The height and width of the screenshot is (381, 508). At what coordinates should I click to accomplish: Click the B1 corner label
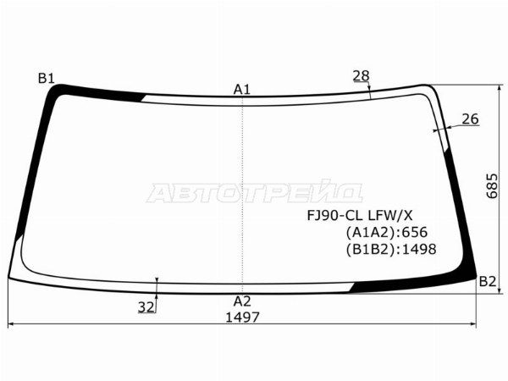point(47,79)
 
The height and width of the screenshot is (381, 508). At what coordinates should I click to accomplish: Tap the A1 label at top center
point(242,90)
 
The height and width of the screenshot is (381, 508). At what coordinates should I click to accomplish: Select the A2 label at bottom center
point(242,301)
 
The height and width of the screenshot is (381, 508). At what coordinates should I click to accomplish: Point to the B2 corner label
point(488,282)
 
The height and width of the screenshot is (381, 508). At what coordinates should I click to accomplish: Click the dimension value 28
point(361,76)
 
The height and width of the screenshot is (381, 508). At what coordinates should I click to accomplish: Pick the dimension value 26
point(470,119)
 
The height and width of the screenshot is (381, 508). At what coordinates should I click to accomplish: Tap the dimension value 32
point(146,307)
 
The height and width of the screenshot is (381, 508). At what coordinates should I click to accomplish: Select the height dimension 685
point(492,186)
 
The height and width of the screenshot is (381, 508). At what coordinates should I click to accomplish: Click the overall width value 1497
point(242,317)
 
